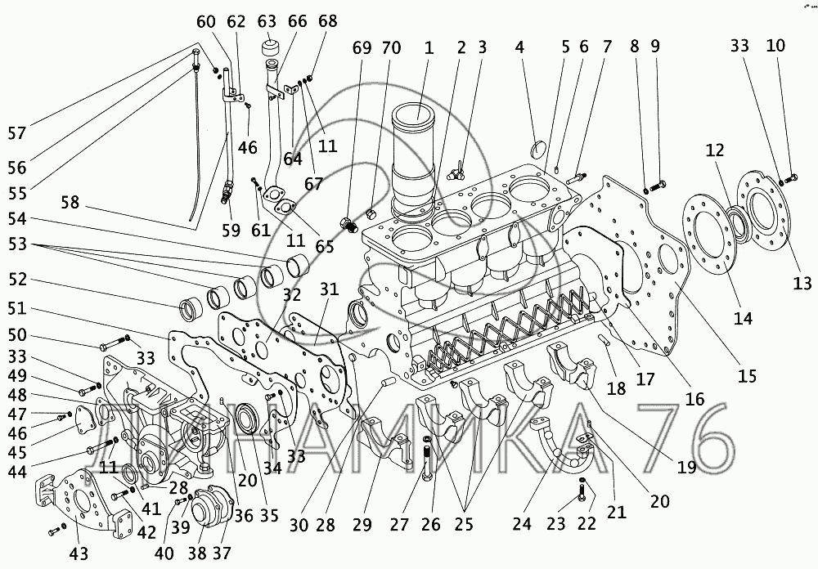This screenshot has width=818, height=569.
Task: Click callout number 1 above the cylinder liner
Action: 428,48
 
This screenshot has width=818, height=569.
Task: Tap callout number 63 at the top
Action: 267,20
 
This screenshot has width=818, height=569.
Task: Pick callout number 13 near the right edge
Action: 802,283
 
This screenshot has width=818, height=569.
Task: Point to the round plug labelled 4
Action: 538,150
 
